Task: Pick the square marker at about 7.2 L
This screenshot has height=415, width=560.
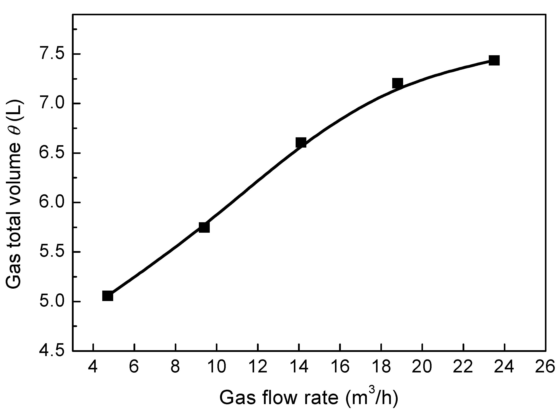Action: pyautogui.click(x=398, y=83)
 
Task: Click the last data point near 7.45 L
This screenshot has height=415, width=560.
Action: pyautogui.click(x=494, y=60)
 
